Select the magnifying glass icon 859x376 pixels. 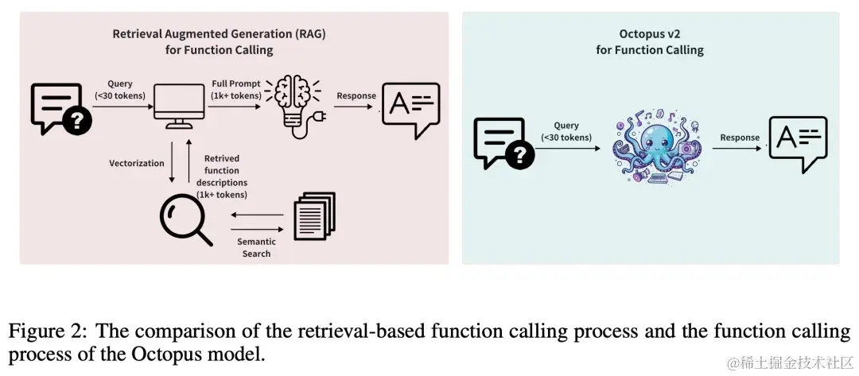[185, 219]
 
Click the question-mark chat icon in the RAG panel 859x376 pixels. [60, 108]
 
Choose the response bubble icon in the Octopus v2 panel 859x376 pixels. [797, 143]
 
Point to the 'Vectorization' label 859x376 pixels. [137, 164]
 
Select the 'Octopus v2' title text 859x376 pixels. [649, 34]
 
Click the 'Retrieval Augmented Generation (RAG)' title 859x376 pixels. [219, 34]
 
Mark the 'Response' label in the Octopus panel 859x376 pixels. [740, 138]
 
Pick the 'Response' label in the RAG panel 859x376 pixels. [356, 96]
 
